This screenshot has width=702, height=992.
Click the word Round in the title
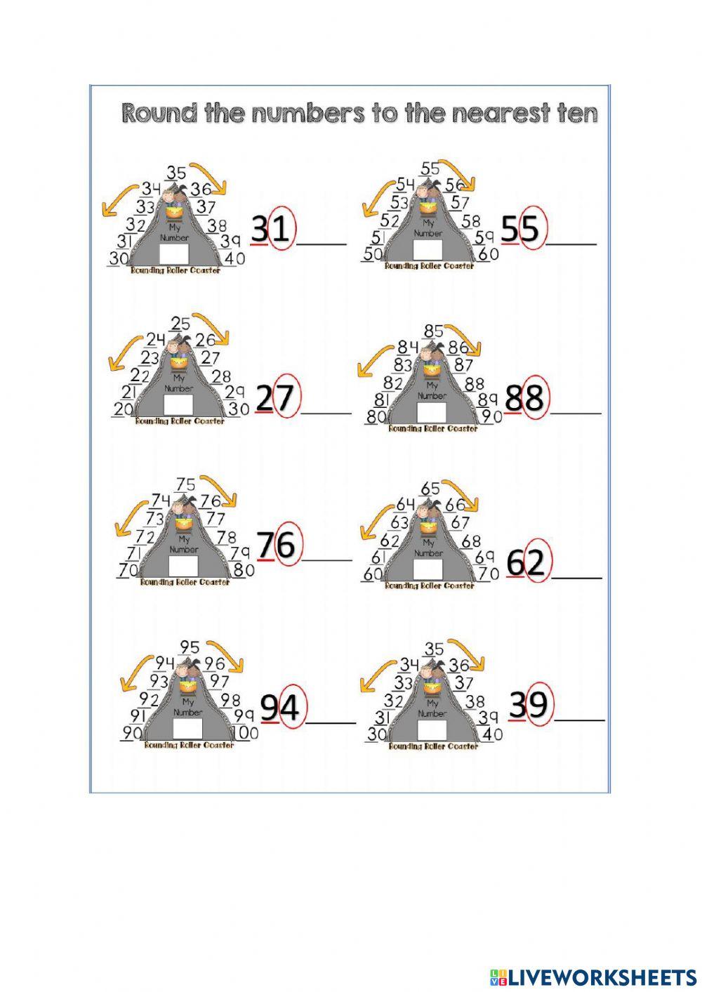click(x=159, y=113)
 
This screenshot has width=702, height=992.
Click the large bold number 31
click(x=271, y=230)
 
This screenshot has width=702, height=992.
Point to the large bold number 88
click(x=524, y=398)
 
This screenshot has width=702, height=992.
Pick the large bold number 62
click(x=526, y=563)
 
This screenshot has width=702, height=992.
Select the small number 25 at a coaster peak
click(x=180, y=324)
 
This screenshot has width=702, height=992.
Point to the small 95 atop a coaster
click(x=190, y=647)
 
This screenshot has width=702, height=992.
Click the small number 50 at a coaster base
click(x=372, y=255)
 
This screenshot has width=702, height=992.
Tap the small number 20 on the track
click(x=123, y=409)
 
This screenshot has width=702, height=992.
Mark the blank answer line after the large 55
click(x=571, y=243)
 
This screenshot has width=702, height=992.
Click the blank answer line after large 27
click(x=326, y=412)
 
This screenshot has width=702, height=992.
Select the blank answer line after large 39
click(x=580, y=720)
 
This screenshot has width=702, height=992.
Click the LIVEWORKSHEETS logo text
click(x=602, y=977)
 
